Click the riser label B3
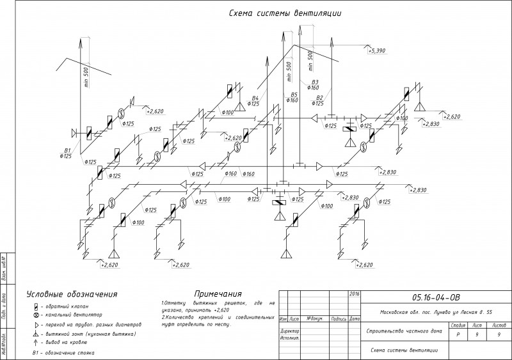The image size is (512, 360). pos(314,82)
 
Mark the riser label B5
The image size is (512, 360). pos(294,95)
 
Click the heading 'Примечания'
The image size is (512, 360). pos(218,293)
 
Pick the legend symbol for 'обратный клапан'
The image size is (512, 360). pos(36,306)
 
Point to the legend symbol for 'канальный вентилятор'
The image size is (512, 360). pos(36,315)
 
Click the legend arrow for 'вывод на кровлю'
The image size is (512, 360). pos(36,342)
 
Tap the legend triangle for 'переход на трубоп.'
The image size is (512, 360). pos(36,324)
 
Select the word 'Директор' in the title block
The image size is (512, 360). pos(291,331)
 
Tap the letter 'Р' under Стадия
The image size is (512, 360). pos(458,334)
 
